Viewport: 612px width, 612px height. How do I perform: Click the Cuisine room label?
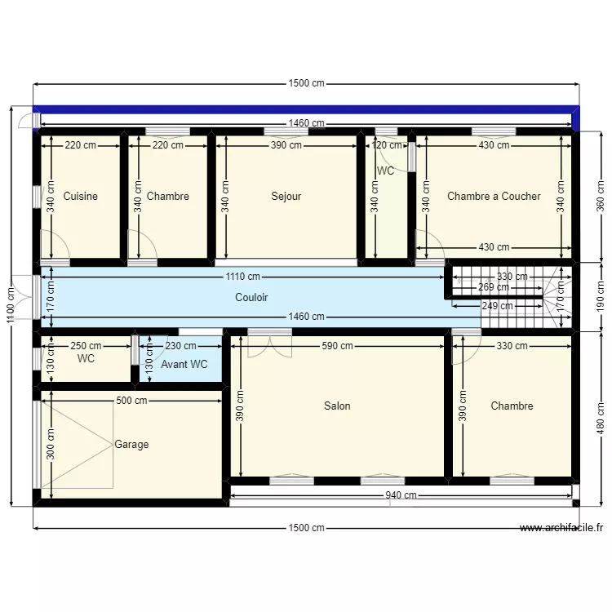coord(80,196)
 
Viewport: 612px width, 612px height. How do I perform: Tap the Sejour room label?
coord(286,196)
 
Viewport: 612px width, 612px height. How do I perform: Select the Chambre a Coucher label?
coord(494,196)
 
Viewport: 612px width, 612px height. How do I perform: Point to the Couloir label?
coord(251,298)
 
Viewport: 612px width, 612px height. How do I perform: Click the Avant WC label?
coord(184,365)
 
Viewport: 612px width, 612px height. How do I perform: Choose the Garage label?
coord(131,445)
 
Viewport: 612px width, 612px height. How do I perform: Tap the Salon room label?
coord(337,406)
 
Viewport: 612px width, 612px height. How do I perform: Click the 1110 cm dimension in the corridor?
coord(243,277)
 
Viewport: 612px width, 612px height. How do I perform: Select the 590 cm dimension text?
coord(337,346)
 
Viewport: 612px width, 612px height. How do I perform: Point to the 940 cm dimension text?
coord(401,495)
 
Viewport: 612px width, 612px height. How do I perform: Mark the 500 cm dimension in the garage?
coord(131,401)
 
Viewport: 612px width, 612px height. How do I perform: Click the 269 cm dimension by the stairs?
coord(493,287)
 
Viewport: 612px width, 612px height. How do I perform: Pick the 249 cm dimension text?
coord(498,306)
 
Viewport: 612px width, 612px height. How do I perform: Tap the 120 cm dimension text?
coord(388,145)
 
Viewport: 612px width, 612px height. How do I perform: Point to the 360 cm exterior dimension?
coord(601,197)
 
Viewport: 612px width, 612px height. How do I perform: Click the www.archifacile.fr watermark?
coord(561,528)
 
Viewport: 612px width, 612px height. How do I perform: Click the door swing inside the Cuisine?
coord(53,245)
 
